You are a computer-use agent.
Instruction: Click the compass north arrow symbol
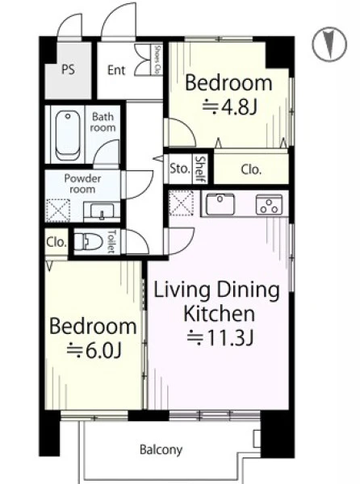(x=329, y=44)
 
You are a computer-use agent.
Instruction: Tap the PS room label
(x=69, y=69)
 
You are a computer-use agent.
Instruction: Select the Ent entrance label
(x=116, y=70)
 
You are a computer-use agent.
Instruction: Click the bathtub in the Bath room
(x=68, y=136)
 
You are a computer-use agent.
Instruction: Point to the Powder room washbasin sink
(x=102, y=211)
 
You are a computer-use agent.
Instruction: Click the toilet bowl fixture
(x=88, y=241)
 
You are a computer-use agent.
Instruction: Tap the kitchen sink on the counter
(x=220, y=203)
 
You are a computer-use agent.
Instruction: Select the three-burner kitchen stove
(x=269, y=204)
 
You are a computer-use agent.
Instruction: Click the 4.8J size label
(x=230, y=107)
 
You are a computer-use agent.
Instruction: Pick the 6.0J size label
(x=94, y=350)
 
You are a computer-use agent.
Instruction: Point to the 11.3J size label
(x=220, y=337)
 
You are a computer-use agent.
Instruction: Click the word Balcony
(x=161, y=450)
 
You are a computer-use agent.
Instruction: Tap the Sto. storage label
(x=179, y=169)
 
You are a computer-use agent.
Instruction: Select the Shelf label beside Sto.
(x=201, y=169)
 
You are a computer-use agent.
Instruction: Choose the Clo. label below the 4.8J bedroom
(x=251, y=169)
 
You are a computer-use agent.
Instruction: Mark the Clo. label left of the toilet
(x=57, y=242)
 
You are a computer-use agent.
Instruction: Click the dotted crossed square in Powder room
(x=58, y=211)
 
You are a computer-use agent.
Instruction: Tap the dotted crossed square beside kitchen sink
(x=182, y=203)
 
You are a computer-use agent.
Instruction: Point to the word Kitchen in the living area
(x=220, y=313)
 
